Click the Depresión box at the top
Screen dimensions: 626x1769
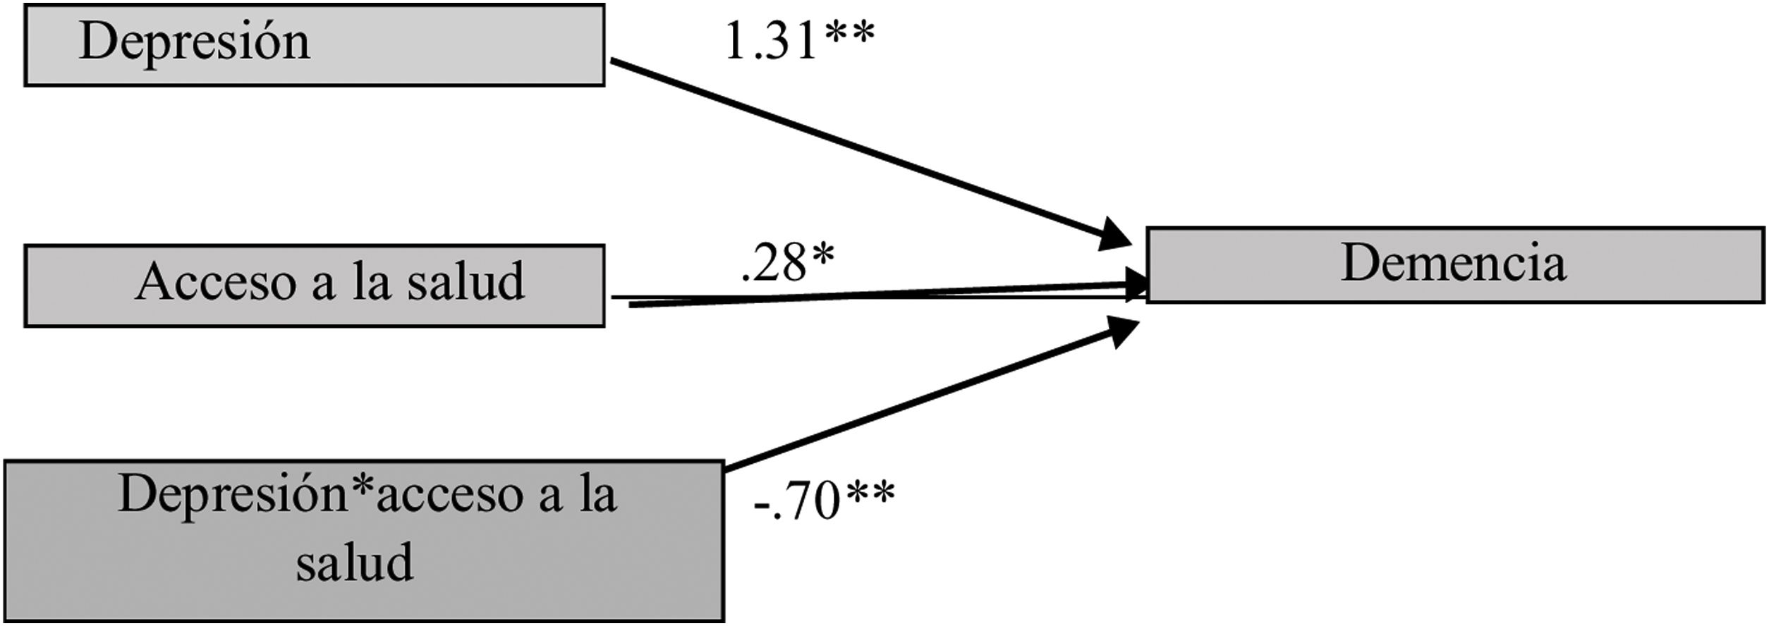315,45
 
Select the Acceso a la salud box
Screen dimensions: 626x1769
315,286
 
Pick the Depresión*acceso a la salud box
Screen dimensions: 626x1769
364,540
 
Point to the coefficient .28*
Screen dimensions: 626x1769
786,264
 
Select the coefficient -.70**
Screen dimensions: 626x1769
823,502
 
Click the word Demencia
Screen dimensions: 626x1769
1453,264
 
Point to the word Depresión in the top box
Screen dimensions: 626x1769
195,42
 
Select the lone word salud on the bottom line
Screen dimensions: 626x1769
354,562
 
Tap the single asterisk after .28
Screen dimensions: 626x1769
822,255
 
